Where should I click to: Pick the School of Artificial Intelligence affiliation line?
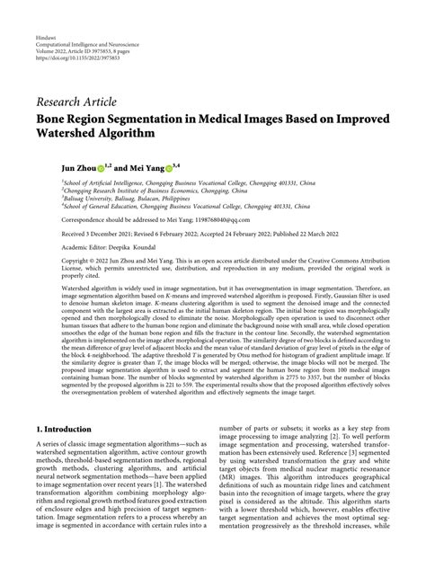pos(179,182)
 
